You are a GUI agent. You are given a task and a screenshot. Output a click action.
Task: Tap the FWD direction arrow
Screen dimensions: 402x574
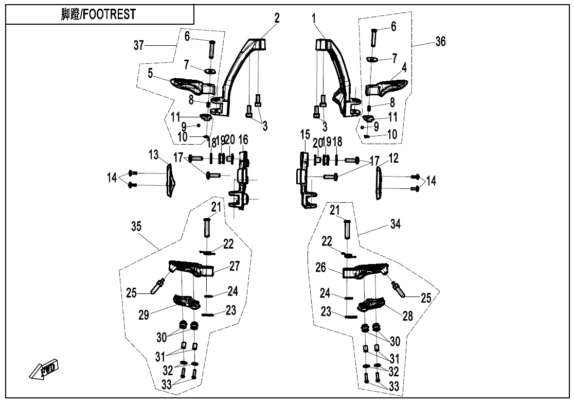click(44, 369)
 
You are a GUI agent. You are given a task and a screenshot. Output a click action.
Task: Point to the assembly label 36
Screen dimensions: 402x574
click(440, 42)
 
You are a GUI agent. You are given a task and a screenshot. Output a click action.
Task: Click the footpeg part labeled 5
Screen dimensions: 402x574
click(190, 84)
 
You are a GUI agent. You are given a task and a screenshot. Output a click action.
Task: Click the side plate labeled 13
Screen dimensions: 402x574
click(169, 180)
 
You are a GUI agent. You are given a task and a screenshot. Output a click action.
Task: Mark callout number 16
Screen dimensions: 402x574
click(243, 139)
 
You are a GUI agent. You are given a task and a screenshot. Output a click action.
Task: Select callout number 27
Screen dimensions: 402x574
click(235, 267)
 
